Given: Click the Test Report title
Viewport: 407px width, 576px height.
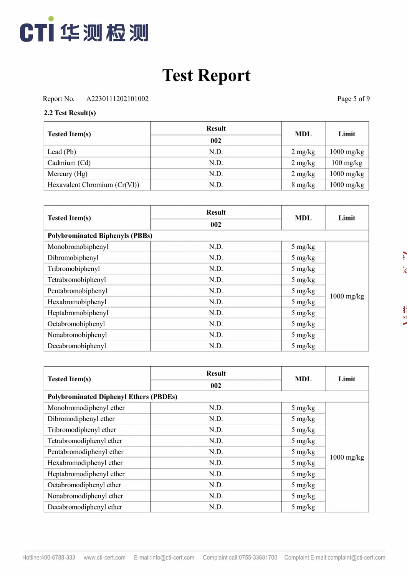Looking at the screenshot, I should point(206,75).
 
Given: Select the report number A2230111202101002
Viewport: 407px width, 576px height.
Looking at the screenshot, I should point(117,99).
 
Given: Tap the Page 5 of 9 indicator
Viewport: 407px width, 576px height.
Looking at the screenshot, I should point(353,99).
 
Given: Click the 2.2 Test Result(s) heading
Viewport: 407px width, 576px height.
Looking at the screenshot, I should point(70,113).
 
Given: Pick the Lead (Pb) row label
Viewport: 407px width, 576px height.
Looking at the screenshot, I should point(62,152).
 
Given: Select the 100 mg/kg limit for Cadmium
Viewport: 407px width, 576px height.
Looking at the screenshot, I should point(347,163).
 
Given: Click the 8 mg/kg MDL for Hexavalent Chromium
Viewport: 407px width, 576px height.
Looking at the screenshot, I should point(303,185).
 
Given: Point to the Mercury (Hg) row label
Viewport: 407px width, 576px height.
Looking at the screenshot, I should point(68,174).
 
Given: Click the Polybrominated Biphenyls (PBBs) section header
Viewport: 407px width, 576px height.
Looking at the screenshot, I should point(100,236).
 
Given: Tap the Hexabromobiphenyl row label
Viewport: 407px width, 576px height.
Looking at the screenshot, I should point(77,302).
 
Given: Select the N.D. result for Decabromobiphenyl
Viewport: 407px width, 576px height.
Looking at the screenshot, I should point(216,346).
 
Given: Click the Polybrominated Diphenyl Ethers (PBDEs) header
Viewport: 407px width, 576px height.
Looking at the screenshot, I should point(113,397).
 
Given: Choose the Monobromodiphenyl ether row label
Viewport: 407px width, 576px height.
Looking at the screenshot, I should point(86,408).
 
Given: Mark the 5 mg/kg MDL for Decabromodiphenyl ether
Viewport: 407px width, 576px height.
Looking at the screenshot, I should point(303,507).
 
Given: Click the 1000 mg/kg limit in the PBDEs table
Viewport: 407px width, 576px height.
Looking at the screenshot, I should point(347,457).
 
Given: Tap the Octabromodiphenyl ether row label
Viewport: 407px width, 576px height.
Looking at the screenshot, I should point(84,485).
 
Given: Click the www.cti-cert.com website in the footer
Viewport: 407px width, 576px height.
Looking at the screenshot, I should point(104,558).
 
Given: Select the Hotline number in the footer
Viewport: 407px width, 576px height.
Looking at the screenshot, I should point(49,558).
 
